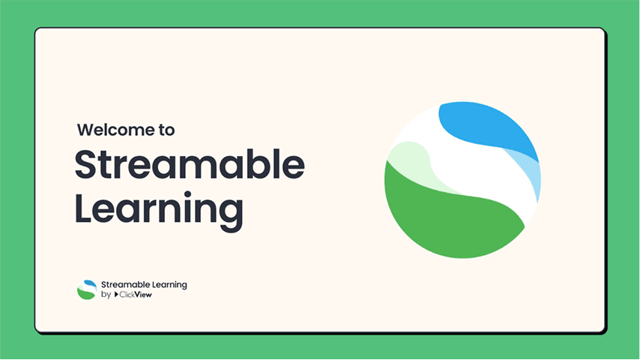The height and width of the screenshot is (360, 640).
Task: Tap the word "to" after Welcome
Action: pyautogui.click(x=166, y=130)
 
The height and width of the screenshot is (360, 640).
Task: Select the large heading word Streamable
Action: pyautogui.click(x=190, y=165)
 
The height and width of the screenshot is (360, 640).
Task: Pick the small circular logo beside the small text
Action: pyautogui.click(x=86, y=289)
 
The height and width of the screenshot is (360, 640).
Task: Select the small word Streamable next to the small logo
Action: pyautogui.click(x=127, y=285)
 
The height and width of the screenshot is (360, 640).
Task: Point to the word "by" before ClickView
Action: pyautogui.click(x=105, y=295)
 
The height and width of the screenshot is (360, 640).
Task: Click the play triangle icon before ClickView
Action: pyautogui.click(x=116, y=295)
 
